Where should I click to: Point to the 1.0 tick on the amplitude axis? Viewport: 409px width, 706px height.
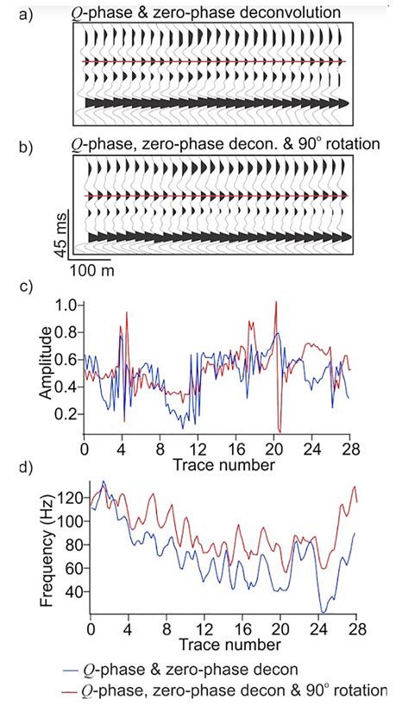point(65,304)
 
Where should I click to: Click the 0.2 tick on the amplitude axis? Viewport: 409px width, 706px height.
point(65,414)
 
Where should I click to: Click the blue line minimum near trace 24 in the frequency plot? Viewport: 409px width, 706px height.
point(322,612)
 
